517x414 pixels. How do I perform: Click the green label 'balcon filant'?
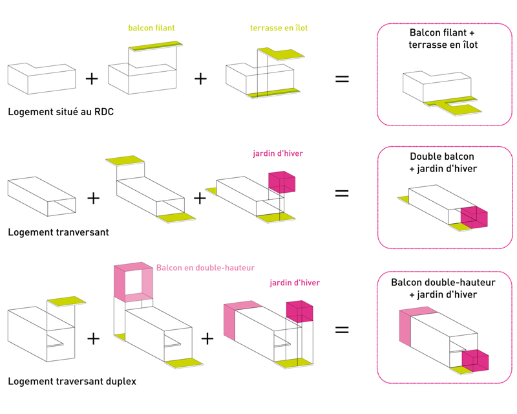click(152, 28)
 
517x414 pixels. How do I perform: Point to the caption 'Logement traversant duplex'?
click(72, 381)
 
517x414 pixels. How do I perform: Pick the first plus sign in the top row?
click(92, 79)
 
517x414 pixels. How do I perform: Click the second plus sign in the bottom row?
click(207, 338)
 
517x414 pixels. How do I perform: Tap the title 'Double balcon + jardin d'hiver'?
click(443, 163)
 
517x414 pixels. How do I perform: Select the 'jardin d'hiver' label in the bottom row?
click(294, 283)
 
